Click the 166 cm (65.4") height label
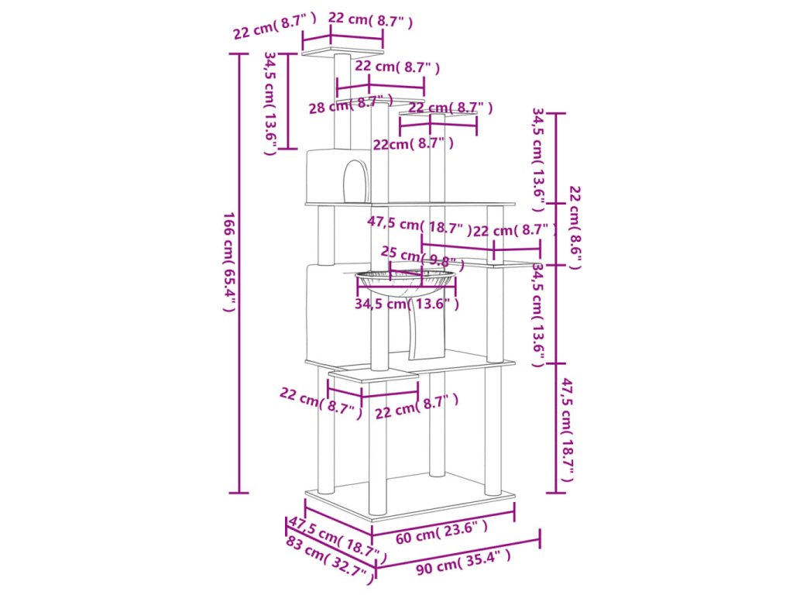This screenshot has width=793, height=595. tap(228, 261)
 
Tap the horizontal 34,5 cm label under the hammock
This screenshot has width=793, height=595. tap(407, 304)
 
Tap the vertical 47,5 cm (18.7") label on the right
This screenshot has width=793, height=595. tap(568, 430)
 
